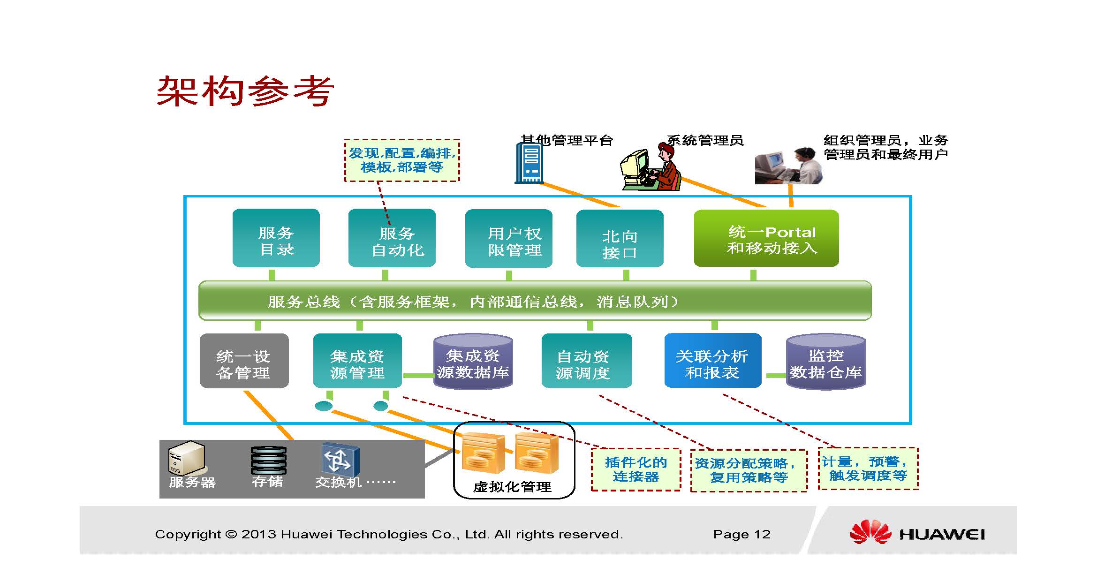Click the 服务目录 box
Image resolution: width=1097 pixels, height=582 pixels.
pos(276,238)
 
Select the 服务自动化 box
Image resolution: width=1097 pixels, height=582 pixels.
pos(392,238)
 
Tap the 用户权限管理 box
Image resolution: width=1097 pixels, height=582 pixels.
pos(508,238)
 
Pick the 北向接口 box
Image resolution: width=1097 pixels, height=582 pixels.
pos(620,238)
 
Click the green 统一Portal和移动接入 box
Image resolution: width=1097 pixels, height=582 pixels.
pos(766,238)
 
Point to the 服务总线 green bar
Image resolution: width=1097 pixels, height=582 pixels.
pos(535,301)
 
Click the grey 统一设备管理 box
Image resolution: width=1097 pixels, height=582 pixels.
pos(244,361)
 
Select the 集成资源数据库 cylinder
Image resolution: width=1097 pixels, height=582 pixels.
pos(473,362)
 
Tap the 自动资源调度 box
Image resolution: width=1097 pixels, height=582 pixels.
pos(587,361)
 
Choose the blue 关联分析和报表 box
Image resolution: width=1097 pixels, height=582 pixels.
pos(713,361)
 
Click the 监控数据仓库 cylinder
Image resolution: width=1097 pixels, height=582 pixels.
pos(826,362)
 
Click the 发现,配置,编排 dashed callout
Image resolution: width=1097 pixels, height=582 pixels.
pos(402,160)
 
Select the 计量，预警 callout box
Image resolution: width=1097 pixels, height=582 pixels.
pos(868,469)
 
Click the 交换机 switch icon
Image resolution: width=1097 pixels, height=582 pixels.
pos(340,459)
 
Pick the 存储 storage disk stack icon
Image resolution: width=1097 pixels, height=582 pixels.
pos(268,461)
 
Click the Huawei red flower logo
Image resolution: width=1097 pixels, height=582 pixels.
pos(870,532)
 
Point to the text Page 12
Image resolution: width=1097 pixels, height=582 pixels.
pos(742,534)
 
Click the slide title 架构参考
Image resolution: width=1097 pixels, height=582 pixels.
pos(245,91)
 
